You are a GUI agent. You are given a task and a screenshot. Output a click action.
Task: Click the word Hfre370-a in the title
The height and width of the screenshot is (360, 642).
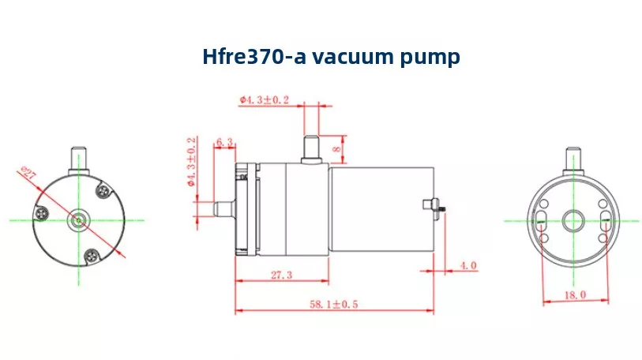(x=252, y=56)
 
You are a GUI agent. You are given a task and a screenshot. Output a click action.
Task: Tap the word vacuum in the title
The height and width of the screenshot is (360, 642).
(x=356, y=56)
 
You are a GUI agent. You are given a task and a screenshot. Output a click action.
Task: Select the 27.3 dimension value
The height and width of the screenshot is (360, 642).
(x=282, y=275)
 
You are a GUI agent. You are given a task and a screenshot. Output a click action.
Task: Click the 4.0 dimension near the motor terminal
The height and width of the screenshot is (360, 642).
(x=467, y=265)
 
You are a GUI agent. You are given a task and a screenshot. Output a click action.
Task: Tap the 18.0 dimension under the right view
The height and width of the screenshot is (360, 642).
(x=575, y=294)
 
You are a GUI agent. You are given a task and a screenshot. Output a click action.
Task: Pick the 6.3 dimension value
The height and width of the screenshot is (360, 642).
(x=224, y=143)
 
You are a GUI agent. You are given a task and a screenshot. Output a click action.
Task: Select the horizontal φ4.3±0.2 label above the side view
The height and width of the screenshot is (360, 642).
(x=265, y=99)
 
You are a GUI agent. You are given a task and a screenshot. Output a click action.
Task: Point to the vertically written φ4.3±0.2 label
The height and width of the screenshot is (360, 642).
(x=191, y=162)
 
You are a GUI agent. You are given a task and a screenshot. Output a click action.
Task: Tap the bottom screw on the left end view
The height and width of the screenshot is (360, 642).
(x=92, y=254)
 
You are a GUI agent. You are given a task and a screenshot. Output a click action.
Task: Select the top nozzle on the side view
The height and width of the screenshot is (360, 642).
(x=310, y=149)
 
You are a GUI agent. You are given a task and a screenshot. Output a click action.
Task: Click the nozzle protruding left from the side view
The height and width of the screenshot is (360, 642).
(x=225, y=208)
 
